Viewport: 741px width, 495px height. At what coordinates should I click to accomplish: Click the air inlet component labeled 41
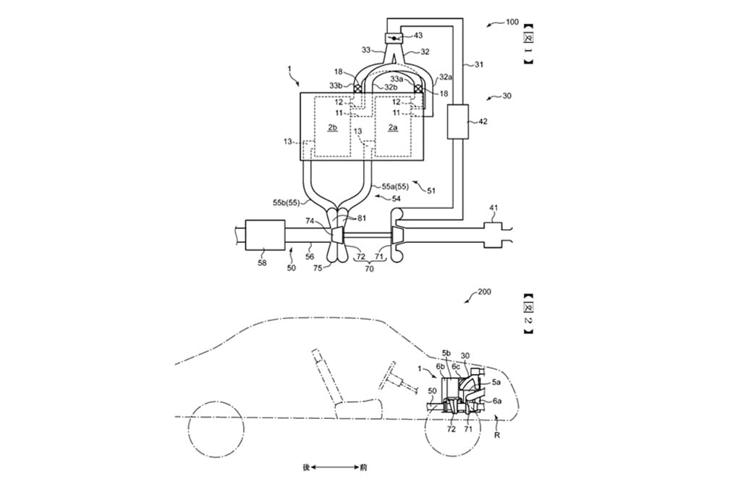click(x=494, y=235)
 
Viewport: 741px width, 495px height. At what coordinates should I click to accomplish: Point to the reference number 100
click(x=512, y=22)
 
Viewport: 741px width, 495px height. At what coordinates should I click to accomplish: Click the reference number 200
click(x=483, y=292)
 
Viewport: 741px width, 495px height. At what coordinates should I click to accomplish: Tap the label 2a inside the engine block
click(x=393, y=127)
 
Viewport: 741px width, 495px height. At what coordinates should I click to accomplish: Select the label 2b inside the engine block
click(x=332, y=127)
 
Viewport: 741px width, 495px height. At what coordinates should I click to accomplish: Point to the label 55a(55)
click(x=393, y=187)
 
